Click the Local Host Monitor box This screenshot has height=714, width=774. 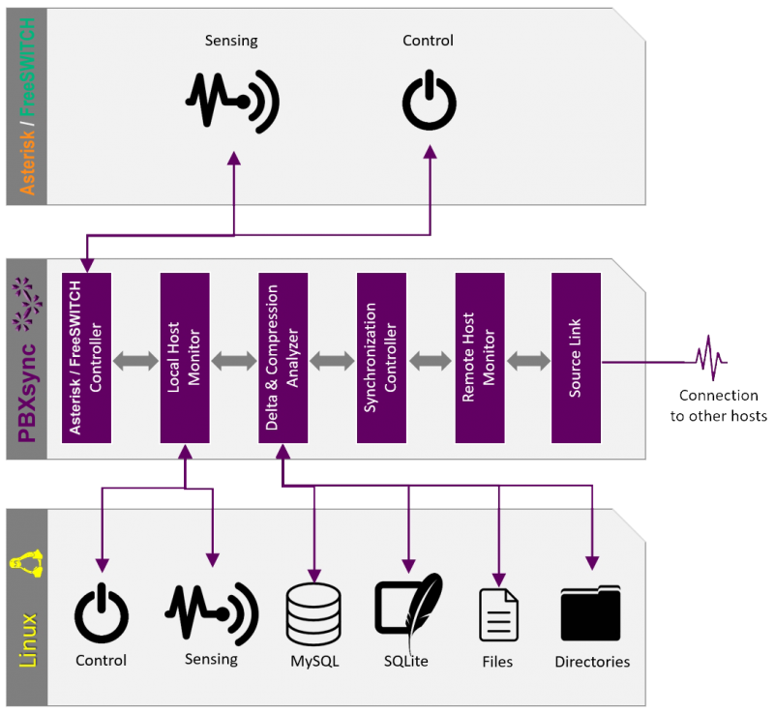tap(185, 357)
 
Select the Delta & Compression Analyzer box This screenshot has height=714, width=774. tap(283, 357)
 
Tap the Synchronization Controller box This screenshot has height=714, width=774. tap(381, 357)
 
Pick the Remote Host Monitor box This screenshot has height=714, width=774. tap(479, 357)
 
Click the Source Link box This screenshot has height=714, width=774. tap(577, 357)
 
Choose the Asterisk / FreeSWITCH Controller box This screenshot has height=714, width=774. tap(86, 357)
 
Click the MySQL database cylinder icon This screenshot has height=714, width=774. tap(313, 613)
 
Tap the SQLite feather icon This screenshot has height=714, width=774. tap(408, 612)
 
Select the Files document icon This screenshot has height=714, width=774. tap(499, 614)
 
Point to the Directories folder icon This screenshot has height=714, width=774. tap(591, 612)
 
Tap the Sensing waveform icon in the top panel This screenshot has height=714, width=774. tap(232, 99)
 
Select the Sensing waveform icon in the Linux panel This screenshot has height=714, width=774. tap(211, 612)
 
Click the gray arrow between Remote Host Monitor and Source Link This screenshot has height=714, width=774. tap(528, 361)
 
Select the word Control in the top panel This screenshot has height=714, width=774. tap(428, 41)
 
